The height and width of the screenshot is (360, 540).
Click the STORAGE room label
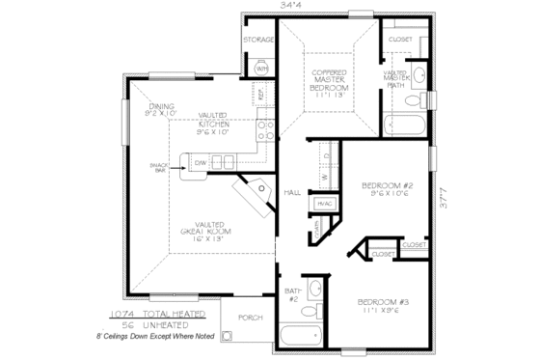[x=258, y=40]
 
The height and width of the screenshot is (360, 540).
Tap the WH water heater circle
[x=261, y=69]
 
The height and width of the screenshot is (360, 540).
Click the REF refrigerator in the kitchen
[x=259, y=96]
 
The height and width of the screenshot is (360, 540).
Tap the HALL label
[x=293, y=192]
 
